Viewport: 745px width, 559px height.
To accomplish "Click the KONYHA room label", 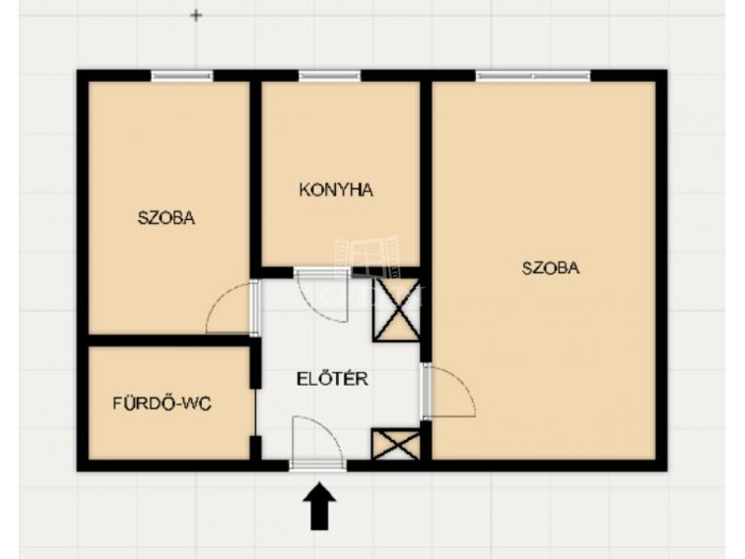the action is tap(336, 190).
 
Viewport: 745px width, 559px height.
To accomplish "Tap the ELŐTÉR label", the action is tap(332, 379).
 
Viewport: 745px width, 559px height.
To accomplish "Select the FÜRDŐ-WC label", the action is tap(162, 403).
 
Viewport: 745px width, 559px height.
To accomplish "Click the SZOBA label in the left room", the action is tap(167, 218).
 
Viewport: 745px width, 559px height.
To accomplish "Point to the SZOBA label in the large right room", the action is tap(550, 268).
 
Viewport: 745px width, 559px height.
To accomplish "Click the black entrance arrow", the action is tap(319, 506).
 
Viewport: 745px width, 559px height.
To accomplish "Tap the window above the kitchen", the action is tap(330, 75).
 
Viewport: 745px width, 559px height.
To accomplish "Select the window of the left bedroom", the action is tap(182, 75).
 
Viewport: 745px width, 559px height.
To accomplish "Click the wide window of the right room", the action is tap(533, 75).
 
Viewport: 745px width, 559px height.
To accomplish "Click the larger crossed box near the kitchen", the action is tap(397, 309).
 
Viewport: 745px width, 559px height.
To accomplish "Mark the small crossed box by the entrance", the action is tap(396, 444).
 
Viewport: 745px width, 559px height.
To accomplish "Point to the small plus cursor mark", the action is tap(196, 16).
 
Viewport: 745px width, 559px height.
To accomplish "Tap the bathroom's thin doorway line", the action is tap(255, 412).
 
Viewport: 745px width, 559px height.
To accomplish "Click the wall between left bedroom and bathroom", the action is tap(169, 340).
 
